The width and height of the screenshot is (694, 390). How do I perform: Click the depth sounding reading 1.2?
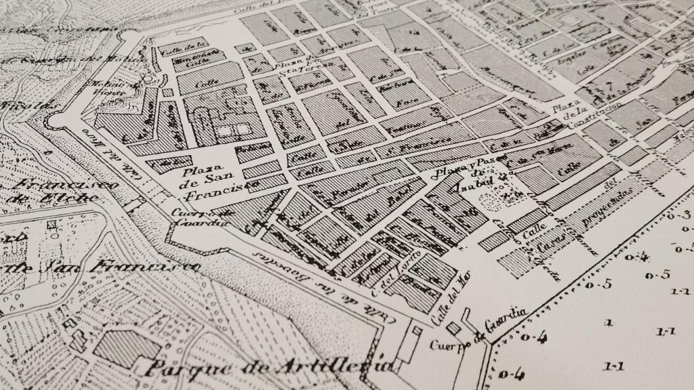click(x=680, y=292)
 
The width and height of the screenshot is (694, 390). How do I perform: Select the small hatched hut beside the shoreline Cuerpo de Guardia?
click(x=454, y=328)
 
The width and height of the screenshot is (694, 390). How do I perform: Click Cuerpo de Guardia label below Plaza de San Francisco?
click(x=193, y=218)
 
